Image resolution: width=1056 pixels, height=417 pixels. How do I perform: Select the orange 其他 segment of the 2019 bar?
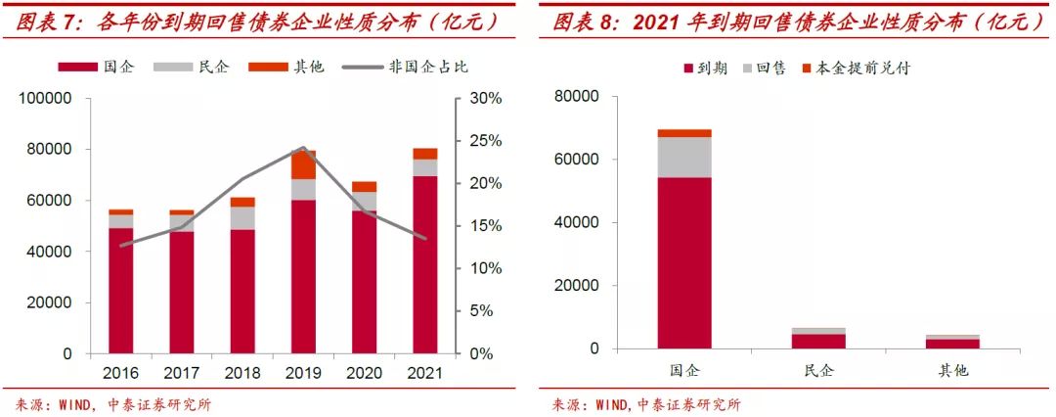[303, 164]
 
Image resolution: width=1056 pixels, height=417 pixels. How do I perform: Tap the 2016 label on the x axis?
[120, 373]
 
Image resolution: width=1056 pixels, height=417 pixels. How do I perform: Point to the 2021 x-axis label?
[424, 373]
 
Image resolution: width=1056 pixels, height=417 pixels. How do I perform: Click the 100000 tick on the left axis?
[46, 99]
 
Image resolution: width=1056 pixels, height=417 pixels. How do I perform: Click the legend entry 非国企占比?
[428, 68]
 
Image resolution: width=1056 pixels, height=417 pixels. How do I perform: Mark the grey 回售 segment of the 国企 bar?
[684, 157]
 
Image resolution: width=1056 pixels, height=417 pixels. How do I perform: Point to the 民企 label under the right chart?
[818, 372]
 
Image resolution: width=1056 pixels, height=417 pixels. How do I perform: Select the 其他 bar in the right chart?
[953, 342]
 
